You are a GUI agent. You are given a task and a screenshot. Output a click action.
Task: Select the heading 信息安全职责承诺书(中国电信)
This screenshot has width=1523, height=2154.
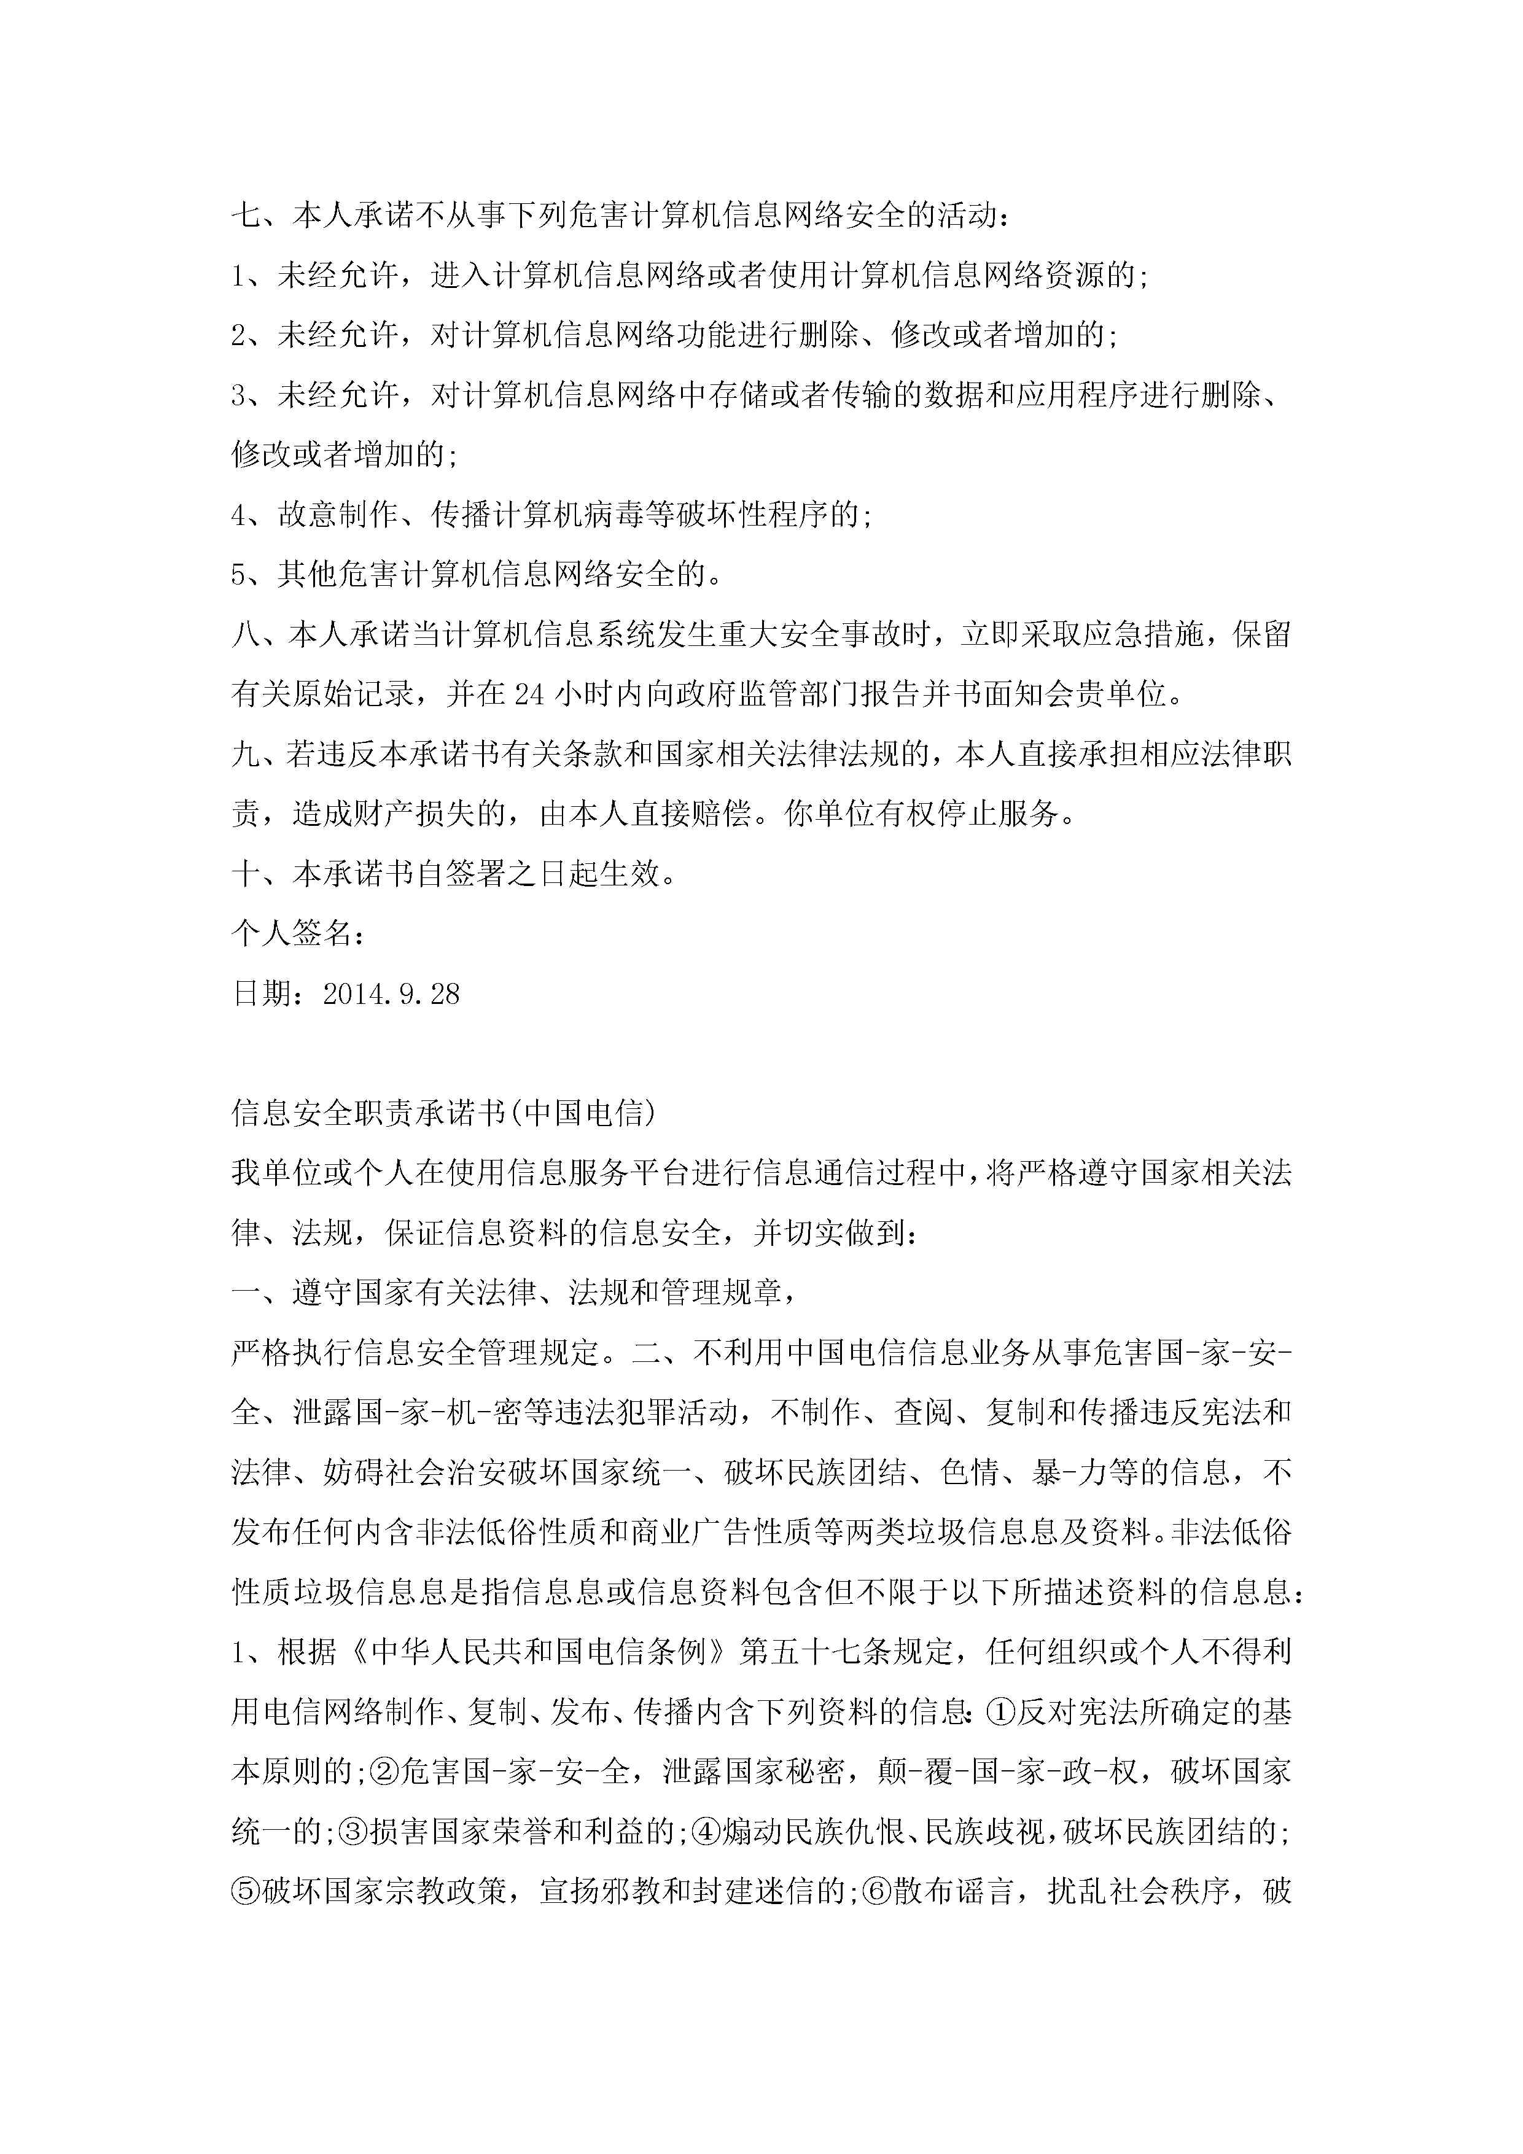coord(443,1113)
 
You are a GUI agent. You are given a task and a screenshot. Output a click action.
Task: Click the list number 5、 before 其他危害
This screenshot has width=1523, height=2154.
coord(246,575)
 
